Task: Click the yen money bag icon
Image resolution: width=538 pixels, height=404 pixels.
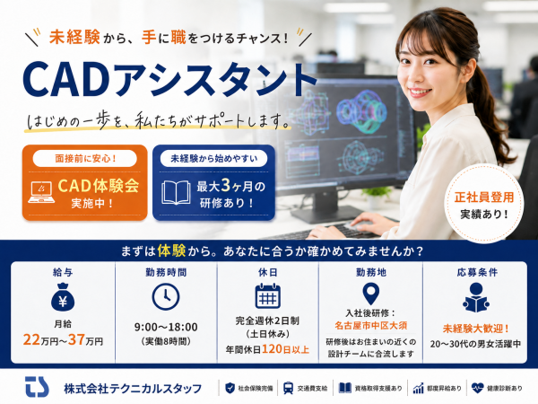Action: [x=63, y=297]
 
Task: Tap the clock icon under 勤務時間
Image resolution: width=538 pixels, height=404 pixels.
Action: [x=166, y=297]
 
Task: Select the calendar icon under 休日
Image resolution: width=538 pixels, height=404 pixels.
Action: [x=268, y=295]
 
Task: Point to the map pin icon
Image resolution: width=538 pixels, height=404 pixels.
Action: [x=371, y=294]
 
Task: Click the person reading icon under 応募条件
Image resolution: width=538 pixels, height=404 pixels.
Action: [x=476, y=297]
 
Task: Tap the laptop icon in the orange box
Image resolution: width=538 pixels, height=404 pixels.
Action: [x=41, y=192]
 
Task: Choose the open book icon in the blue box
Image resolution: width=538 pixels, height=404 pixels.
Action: [x=176, y=193]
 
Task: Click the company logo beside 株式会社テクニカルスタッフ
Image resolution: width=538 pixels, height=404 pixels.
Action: [x=37, y=387]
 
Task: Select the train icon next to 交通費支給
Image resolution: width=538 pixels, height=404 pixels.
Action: [x=288, y=388]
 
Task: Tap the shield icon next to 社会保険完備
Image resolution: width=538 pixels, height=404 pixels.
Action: [x=230, y=388]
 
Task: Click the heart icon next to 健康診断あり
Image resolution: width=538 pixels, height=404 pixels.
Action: [x=477, y=388]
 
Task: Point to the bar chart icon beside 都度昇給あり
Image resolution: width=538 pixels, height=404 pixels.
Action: [x=418, y=388]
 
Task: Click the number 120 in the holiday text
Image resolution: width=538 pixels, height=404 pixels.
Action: [x=272, y=349]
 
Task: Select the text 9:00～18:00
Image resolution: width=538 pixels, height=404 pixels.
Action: [x=166, y=327]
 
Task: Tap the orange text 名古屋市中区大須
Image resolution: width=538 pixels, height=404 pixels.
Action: [x=371, y=325]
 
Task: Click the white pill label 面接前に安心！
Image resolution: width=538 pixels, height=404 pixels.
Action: [x=85, y=158]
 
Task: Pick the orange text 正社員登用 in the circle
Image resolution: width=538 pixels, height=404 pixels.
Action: [x=484, y=198]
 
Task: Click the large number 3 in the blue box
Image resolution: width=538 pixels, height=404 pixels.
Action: [x=225, y=185]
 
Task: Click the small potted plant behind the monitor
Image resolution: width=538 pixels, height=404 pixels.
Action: [x=377, y=196]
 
